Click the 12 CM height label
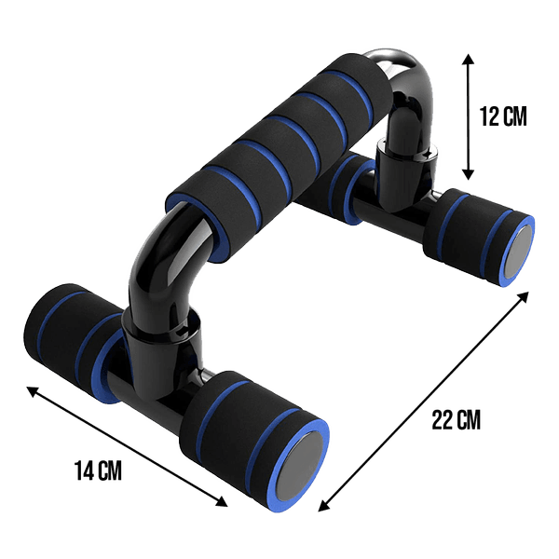(x=501, y=116)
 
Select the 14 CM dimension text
(x=98, y=470)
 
